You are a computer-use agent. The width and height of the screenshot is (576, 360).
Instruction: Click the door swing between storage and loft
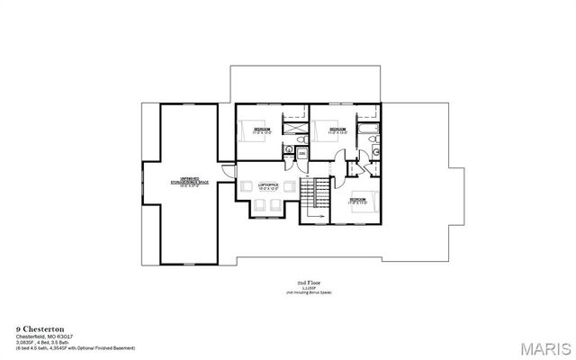(x=229, y=170)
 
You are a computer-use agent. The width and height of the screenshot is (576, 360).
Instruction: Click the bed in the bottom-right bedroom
(x=367, y=202)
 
